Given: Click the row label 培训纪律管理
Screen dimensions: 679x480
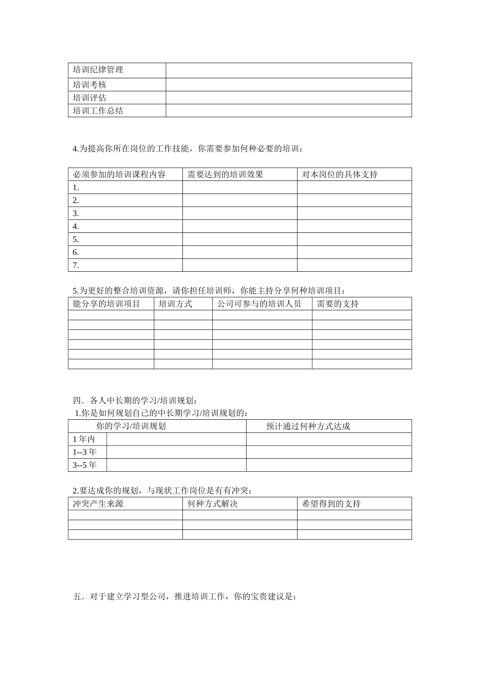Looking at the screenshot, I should (x=98, y=70).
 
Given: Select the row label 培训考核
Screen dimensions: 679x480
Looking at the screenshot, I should (x=89, y=85).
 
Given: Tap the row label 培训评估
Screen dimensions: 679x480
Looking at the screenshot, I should (x=89, y=98).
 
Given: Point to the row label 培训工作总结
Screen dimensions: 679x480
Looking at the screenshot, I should (x=98, y=111).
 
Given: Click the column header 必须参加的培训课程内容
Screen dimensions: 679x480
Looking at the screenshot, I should (x=119, y=175).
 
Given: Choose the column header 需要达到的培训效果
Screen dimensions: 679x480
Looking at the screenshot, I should (x=225, y=175).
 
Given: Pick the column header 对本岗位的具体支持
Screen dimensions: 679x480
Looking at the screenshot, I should (x=340, y=175).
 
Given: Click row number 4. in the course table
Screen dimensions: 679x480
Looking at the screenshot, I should (x=76, y=227).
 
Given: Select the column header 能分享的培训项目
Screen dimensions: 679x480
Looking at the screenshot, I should (x=107, y=304).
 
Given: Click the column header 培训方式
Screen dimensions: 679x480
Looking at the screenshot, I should (x=175, y=304).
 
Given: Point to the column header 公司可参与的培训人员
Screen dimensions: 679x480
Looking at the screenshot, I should (x=259, y=304).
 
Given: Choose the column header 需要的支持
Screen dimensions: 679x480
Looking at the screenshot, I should (x=338, y=304).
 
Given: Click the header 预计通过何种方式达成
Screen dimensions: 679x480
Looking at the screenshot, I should (x=308, y=426).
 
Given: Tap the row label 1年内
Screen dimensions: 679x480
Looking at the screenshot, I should (x=84, y=440).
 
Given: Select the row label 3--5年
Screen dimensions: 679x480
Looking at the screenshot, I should (x=84, y=465).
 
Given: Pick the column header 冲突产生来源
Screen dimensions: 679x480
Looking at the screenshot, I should (x=98, y=504).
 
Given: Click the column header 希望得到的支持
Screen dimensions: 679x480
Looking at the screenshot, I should (x=331, y=504).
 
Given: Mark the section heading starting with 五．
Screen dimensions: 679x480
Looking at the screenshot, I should (x=184, y=597).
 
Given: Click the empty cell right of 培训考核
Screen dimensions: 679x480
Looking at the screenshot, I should (x=289, y=85).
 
